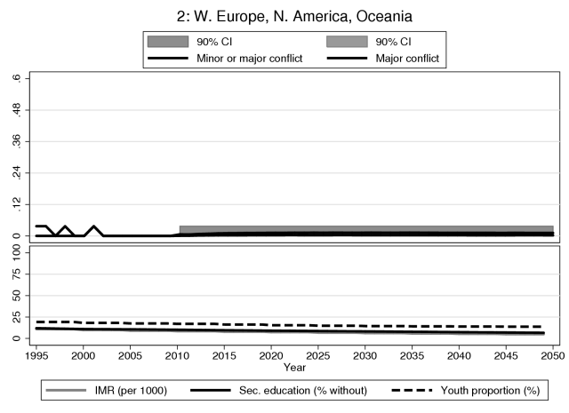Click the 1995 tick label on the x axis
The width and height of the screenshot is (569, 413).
36,354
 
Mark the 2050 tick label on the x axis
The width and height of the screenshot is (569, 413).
553,354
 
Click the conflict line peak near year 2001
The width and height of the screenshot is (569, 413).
94,226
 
